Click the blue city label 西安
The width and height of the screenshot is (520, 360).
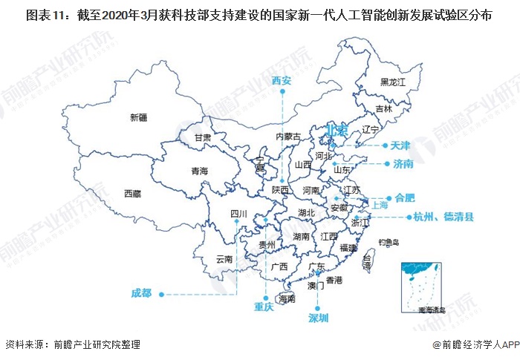coord(282,80)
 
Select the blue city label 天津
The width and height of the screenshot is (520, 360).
coord(401,145)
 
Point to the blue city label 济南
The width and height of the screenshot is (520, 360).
coord(403,164)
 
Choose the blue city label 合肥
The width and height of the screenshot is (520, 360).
coord(405,197)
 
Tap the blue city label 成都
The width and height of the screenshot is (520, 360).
coord(141,292)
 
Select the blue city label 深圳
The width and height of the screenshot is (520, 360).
coord(318,317)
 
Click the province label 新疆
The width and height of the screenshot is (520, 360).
coord(138,117)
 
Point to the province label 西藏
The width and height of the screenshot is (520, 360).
coord(132,194)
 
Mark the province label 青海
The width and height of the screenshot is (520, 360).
coord(199,171)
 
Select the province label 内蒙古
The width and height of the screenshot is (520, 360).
coord(288,137)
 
